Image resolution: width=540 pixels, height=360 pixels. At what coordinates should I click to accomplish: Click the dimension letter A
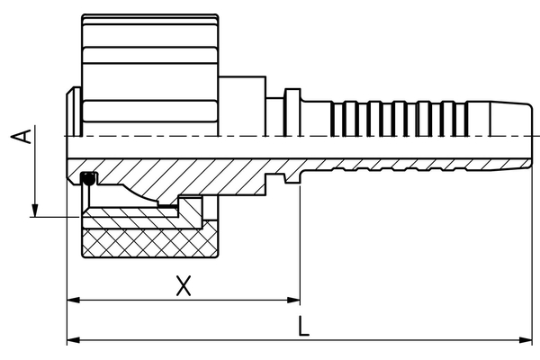27,136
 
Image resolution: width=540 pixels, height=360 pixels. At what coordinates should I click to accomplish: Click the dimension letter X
184,285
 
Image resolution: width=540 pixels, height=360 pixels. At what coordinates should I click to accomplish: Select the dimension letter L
304,328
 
